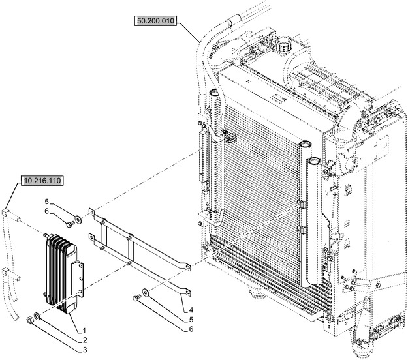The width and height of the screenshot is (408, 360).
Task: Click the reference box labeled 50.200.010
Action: pyautogui.click(x=156, y=21)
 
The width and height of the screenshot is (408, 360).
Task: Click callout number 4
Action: pyautogui.click(x=191, y=309)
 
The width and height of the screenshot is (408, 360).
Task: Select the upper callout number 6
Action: pyautogui.click(x=48, y=211)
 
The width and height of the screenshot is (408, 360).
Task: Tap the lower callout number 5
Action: pyautogui.click(x=191, y=320)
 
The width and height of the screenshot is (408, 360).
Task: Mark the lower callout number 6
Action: pyautogui.click(x=191, y=329)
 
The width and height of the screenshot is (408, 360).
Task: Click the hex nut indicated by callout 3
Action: pyautogui.click(x=31, y=320)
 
